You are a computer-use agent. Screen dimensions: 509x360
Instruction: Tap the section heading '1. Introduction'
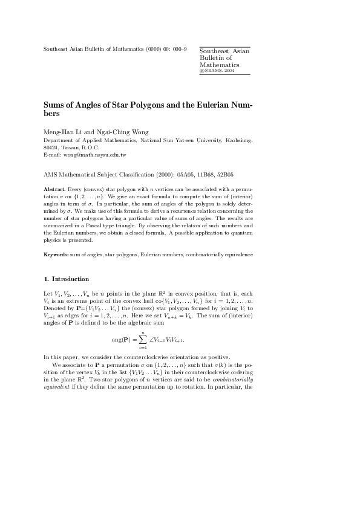[67, 279]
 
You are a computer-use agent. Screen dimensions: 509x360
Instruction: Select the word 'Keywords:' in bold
[56, 254]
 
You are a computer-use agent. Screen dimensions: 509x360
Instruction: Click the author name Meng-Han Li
[63, 132]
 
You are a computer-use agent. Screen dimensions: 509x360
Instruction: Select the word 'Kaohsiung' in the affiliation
[237, 140]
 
